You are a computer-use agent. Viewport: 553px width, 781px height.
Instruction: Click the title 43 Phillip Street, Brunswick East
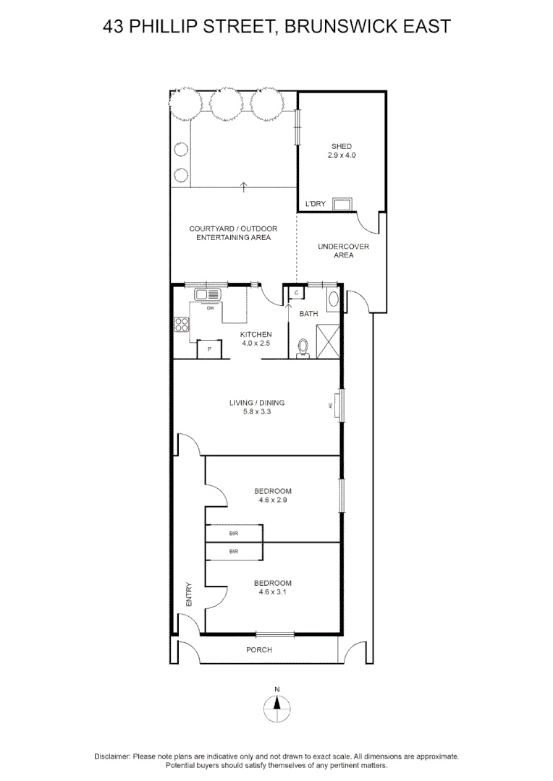tap(276, 27)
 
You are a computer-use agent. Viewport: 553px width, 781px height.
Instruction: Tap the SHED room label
tap(342, 147)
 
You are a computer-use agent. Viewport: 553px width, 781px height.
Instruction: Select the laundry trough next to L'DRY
tap(342, 204)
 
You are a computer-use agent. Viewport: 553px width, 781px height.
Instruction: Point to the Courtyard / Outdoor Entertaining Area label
tap(233, 233)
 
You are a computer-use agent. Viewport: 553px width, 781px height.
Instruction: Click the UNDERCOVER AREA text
tap(343, 251)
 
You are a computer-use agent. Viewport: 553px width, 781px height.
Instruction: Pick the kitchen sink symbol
tap(207, 295)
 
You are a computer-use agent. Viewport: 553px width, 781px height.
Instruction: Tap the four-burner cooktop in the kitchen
tap(181, 325)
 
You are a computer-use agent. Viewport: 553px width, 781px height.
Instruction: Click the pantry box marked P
tap(209, 349)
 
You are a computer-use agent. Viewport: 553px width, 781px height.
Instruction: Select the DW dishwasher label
tap(211, 308)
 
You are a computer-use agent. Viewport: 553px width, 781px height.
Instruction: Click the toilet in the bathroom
tap(303, 349)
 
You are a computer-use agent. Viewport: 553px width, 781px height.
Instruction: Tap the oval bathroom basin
tap(332, 301)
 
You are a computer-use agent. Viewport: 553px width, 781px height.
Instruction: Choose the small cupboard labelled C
tap(296, 293)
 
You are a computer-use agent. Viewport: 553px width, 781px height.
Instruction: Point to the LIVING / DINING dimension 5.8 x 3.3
tap(257, 411)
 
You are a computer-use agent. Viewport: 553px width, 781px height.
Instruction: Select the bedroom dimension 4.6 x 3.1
tap(272, 592)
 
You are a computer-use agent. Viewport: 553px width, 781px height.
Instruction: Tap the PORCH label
tap(258, 649)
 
